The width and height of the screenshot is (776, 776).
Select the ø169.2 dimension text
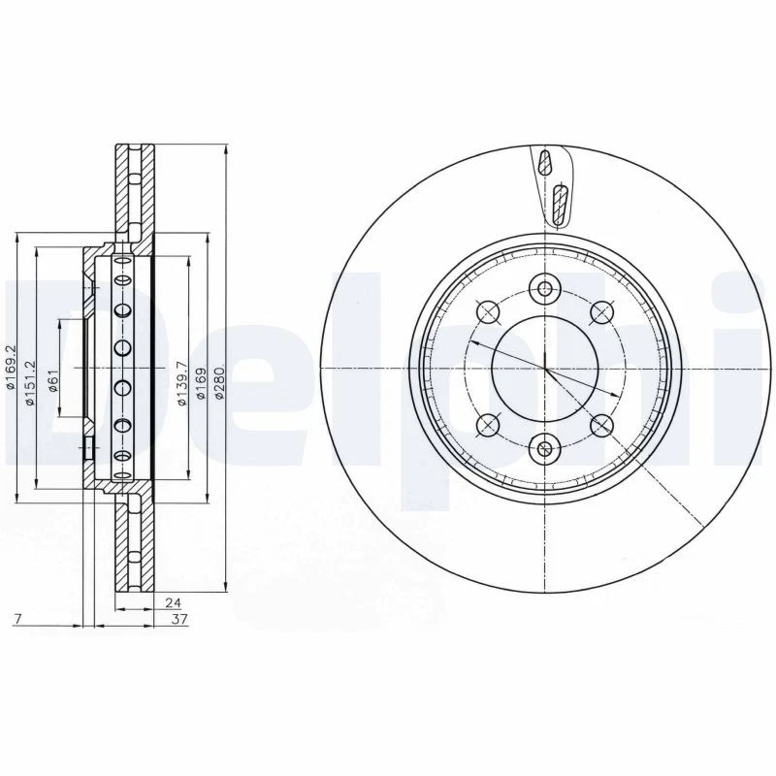(11, 370)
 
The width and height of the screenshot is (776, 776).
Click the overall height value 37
(179, 618)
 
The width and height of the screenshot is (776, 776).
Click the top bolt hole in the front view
(544, 288)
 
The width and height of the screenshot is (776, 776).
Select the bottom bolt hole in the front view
(544, 448)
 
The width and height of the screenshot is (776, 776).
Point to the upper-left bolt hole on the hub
(487, 311)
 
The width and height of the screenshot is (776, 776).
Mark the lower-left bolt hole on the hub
(487, 425)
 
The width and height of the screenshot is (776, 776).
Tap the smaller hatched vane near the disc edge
(546, 161)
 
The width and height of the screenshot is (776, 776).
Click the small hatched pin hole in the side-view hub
(87, 448)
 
